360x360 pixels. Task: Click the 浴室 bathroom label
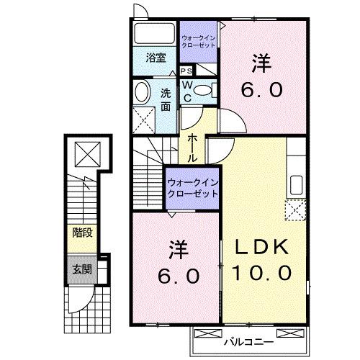156,58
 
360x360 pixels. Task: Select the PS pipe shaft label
186,71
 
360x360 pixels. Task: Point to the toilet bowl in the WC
204,91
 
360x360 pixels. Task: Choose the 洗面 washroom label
166,99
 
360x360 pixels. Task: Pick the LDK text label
262,248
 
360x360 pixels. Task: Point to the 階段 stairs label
81,233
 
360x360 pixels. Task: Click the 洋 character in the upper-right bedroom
261,63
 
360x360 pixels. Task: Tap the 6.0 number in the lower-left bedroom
179,276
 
